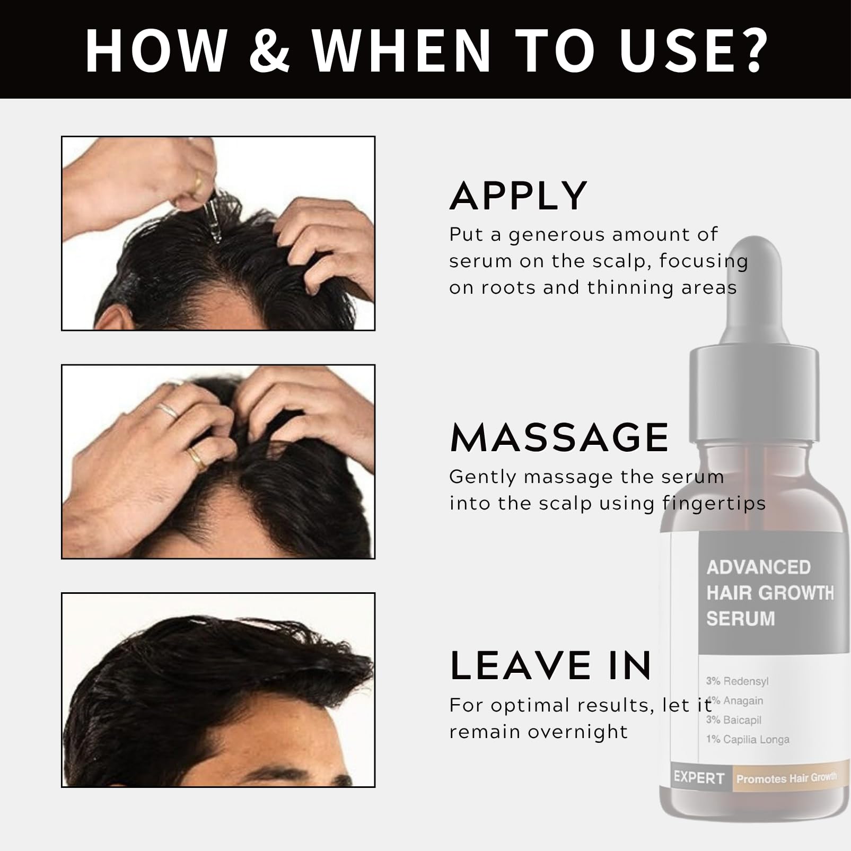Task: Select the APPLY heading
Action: click(x=519, y=196)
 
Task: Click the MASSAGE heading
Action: click(x=559, y=437)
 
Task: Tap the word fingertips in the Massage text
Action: click(x=714, y=503)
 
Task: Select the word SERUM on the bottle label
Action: click(x=740, y=619)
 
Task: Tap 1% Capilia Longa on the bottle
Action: click(x=748, y=739)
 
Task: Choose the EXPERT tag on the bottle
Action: click(x=699, y=778)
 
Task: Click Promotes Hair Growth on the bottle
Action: click(x=786, y=778)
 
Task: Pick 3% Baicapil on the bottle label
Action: click(x=733, y=720)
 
